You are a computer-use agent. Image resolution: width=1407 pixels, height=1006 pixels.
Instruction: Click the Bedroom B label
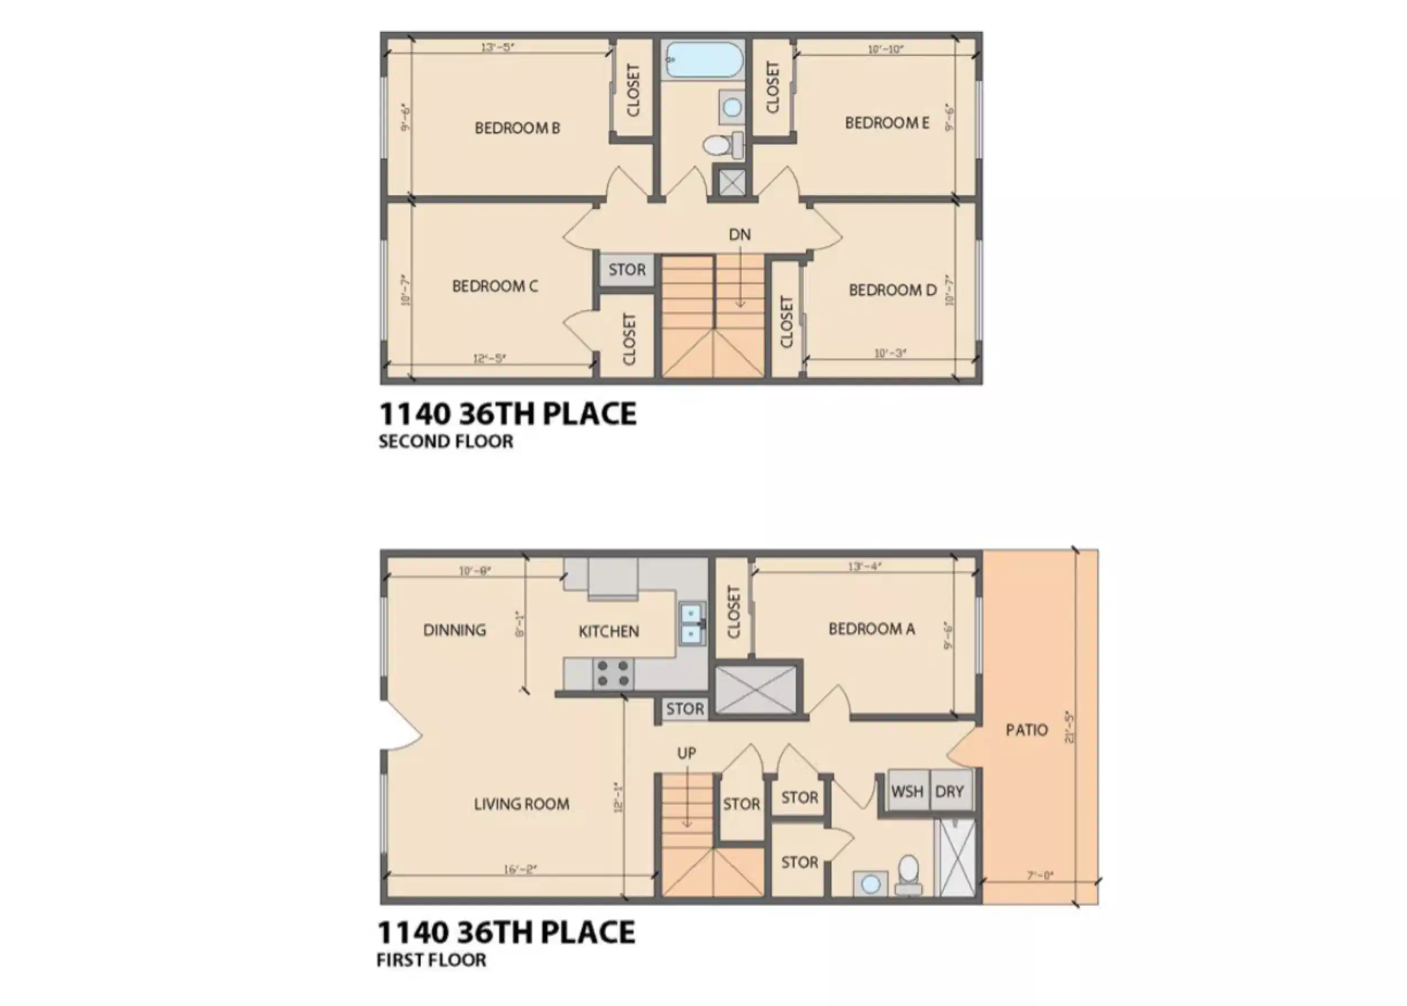(517, 128)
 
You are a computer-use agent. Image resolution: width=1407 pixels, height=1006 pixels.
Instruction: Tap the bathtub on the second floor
(702, 60)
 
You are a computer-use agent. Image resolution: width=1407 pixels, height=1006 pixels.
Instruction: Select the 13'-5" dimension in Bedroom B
(498, 47)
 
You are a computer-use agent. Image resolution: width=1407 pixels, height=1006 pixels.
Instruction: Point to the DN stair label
(740, 235)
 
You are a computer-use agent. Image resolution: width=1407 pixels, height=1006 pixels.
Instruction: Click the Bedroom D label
(892, 290)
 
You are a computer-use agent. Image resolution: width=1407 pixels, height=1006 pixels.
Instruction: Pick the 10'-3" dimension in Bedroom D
(890, 353)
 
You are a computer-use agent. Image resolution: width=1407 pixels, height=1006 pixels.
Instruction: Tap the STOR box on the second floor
(626, 270)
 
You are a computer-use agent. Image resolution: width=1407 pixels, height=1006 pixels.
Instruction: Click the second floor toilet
(721, 145)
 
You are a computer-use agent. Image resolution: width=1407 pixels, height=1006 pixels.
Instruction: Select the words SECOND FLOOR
(446, 441)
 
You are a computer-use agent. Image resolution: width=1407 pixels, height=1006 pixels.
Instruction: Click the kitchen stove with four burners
(613, 674)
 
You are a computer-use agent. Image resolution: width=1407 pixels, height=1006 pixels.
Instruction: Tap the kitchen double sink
(692, 624)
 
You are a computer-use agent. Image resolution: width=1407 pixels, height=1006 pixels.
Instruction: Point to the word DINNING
(454, 630)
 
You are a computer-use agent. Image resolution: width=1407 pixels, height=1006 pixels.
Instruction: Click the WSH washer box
(907, 791)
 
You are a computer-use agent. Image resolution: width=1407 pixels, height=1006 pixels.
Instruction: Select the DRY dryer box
(949, 791)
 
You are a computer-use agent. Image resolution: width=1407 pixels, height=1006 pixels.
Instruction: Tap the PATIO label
(1027, 730)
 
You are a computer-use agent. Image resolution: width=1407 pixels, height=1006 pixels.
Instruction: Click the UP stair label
(686, 754)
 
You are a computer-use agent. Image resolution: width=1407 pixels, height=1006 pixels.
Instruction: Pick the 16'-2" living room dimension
(519, 870)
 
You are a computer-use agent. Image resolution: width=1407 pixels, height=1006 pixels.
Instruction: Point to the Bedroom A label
(871, 629)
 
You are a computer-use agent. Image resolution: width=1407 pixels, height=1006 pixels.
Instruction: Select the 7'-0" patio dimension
(1039, 876)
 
